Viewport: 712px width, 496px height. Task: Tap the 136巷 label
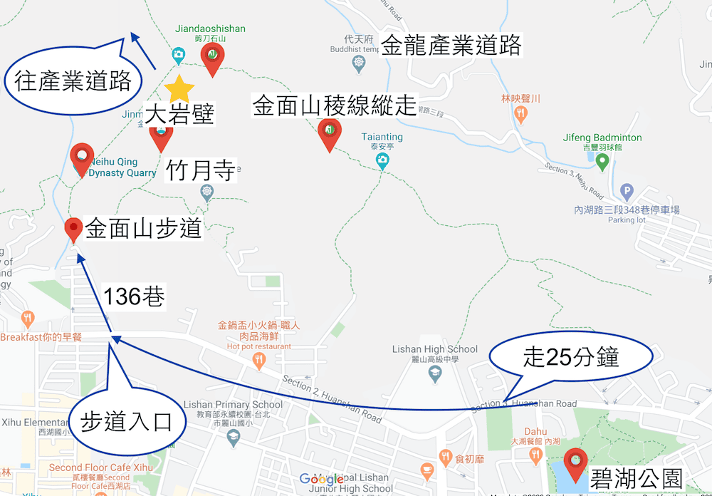coord(134,296)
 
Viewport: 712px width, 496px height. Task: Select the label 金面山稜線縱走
coord(334,106)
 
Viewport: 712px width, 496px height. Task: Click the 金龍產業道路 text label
coord(451,46)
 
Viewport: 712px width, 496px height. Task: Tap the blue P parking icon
coord(627,191)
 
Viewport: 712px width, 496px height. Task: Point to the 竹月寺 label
coord(200,171)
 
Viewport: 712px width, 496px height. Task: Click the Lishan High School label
coord(435,349)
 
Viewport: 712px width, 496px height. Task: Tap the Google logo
coord(322,480)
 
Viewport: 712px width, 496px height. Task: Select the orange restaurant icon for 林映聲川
coord(521,111)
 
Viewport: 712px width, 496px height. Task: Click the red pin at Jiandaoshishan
coord(212,56)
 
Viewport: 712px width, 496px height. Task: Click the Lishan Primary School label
coord(233,405)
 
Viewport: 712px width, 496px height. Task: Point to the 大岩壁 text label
coord(179,114)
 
